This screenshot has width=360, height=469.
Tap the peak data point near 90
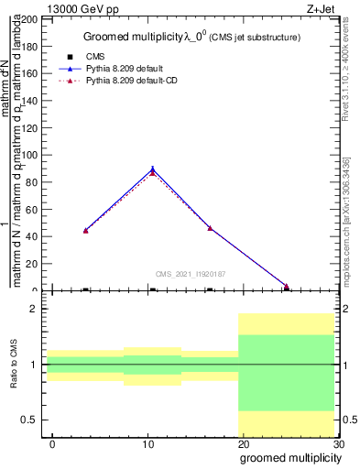click(152, 169)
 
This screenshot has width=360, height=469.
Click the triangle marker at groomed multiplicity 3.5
click(85, 230)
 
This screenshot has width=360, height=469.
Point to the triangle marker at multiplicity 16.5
click(210, 228)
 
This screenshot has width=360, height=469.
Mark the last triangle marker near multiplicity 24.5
click(286, 286)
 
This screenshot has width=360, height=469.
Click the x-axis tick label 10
click(147, 444)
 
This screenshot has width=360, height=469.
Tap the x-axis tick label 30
click(338, 444)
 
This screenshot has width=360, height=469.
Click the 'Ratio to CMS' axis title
click(14, 365)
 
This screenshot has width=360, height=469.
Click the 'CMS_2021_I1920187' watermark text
click(191, 273)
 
